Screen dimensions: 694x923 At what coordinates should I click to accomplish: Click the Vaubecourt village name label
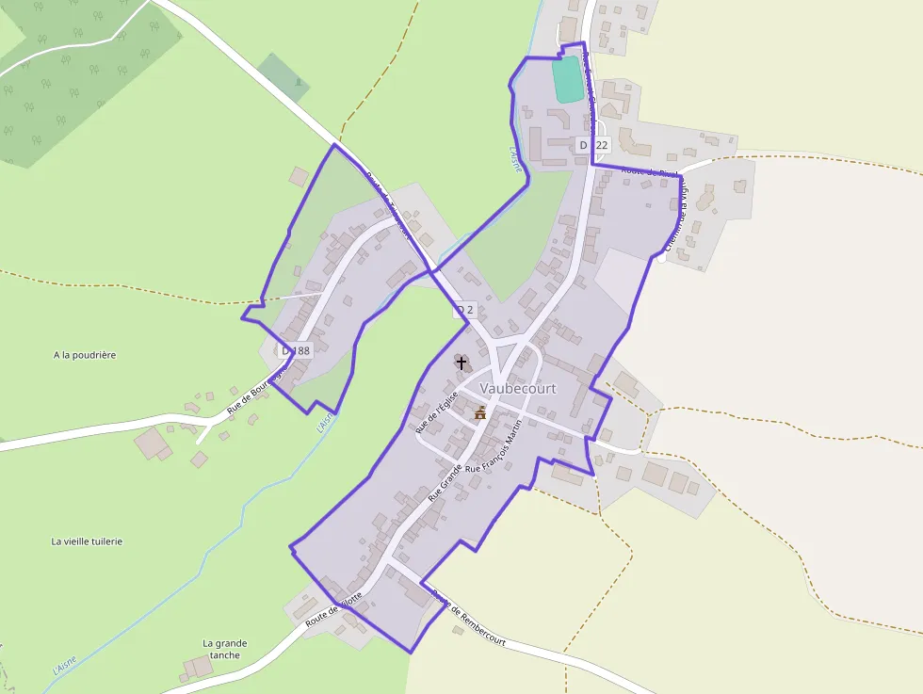(x=518, y=388)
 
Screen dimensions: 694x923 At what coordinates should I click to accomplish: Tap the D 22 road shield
(x=594, y=145)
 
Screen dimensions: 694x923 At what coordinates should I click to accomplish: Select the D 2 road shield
(x=463, y=309)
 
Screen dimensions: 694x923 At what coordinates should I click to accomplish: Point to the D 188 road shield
(x=296, y=350)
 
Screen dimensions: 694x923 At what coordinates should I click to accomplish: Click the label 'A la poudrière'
(x=85, y=355)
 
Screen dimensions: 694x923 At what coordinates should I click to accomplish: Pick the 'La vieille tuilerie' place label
(x=87, y=541)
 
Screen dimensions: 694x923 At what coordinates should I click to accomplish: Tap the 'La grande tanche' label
(x=225, y=649)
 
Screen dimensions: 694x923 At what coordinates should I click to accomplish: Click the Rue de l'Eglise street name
(x=437, y=411)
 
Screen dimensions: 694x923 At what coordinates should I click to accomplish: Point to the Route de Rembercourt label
(x=468, y=617)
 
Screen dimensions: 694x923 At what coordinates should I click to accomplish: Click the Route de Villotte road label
(x=333, y=601)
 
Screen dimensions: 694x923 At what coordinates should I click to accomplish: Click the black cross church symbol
(x=461, y=362)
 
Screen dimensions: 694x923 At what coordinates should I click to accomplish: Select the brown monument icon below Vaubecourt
(x=480, y=412)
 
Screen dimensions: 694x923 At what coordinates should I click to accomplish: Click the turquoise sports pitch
(x=568, y=79)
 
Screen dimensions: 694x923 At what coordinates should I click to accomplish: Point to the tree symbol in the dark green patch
(x=299, y=82)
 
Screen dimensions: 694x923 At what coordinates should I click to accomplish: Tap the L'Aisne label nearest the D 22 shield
(x=515, y=161)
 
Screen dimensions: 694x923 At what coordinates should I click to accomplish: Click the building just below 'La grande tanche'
(x=198, y=668)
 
